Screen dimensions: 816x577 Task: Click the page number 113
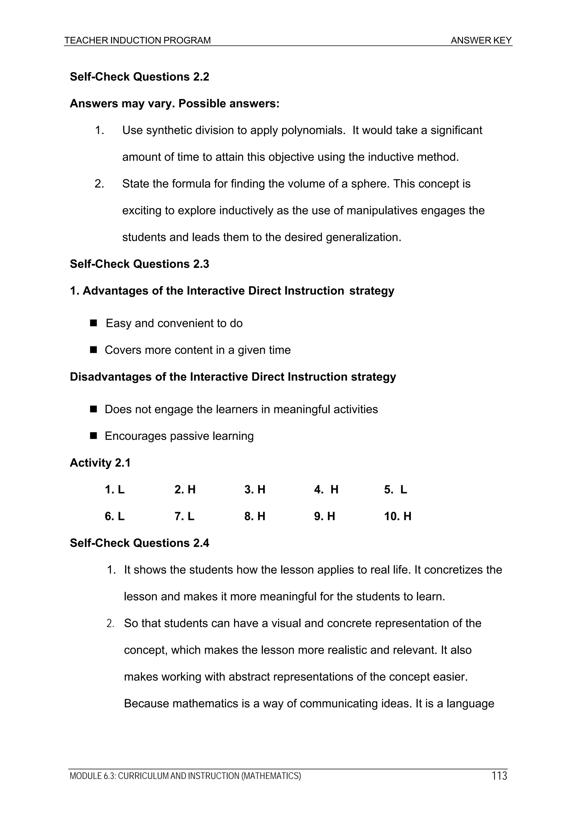[499, 775]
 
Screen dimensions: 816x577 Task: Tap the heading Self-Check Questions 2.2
[139, 77]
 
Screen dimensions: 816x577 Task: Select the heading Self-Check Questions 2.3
[139, 264]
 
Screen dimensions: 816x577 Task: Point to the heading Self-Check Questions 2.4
[139, 543]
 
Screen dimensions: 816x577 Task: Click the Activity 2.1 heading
[100, 463]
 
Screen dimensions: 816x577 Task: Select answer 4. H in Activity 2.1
[326, 490]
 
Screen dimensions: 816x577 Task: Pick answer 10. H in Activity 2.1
[398, 516]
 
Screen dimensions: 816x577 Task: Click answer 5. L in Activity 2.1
[395, 490]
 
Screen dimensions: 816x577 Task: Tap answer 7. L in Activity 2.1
[184, 516]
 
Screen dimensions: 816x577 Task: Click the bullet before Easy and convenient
[94, 323]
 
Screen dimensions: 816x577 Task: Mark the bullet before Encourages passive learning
[94, 436]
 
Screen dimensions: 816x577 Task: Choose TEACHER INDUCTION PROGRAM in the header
[137, 41]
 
